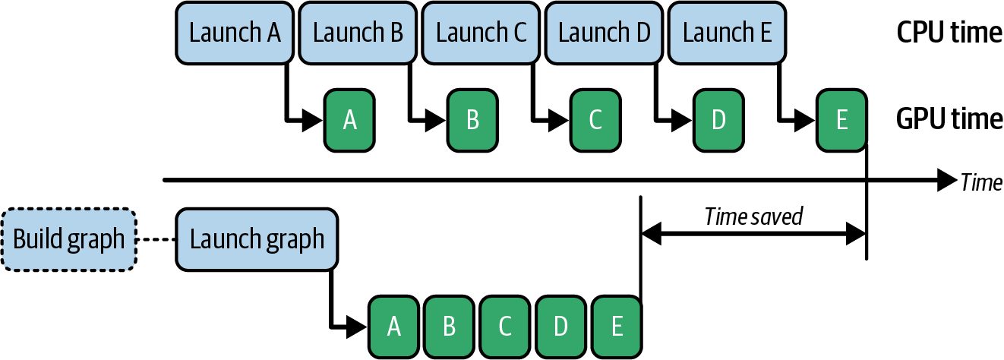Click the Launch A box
tap(235, 33)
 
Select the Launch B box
tap(358, 33)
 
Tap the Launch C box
tap(481, 33)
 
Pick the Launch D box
tap(604, 33)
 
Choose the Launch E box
tap(727, 33)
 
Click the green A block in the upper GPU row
tap(349, 120)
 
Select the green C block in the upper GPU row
tap(595, 120)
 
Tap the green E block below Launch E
tap(841, 120)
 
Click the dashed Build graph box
tap(68, 239)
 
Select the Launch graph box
tap(257, 239)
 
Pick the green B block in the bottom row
tap(449, 327)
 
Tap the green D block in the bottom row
tap(560, 327)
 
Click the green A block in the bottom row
tap(393, 327)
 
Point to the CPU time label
tap(949, 33)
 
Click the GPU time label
tap(949, 119)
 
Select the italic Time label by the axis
tap(981, 182)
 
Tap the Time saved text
tap(753, 216)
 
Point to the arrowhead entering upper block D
tap(682, 120)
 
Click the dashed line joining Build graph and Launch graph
tap(156, 240)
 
